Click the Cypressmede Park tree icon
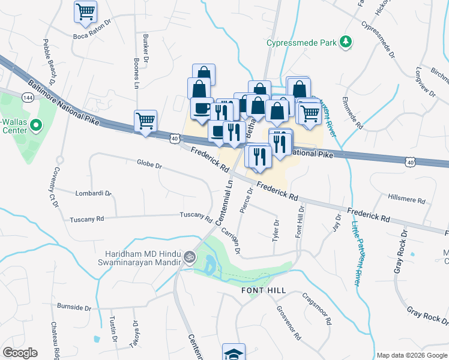(345, 41)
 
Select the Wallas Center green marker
(35, 125)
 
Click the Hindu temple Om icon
(190, 257)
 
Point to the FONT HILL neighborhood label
(264, 290)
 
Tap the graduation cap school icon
(234, 353)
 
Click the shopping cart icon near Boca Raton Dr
(85, 11)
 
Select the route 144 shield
(28, 97)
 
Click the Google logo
(20, 353)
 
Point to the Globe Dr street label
(149, 164)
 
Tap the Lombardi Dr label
(94, 194)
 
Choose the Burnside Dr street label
(74, 307)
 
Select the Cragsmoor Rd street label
(317, 308)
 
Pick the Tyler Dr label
(276, 230)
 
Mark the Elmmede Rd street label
(352, 113)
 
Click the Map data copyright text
(411, 355)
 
